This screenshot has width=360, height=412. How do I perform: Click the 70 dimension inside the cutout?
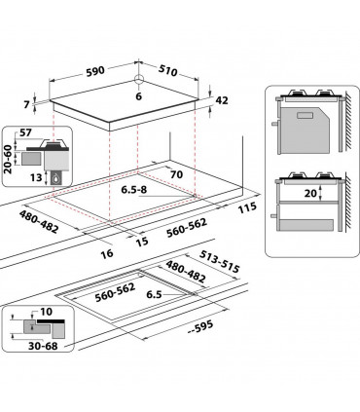[x=176, y=175]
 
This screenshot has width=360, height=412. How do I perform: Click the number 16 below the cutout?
[x=108, y=253]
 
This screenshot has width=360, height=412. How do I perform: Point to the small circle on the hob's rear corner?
[x=138, y=82]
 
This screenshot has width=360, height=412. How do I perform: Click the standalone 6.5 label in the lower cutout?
[x=179, y=292]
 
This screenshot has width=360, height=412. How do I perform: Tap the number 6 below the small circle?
[x=138, y=97]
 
